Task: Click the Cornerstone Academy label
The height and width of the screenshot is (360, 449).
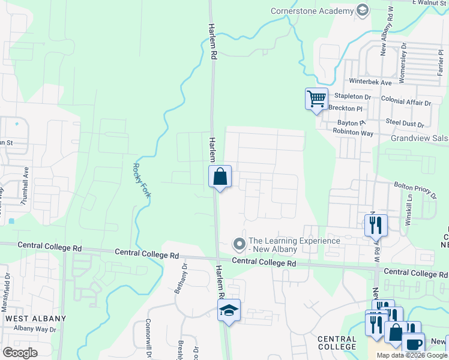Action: tap(312, 10)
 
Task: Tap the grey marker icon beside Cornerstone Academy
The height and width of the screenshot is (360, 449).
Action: tap(362, 10)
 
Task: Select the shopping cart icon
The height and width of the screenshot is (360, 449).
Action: tap(316, 98)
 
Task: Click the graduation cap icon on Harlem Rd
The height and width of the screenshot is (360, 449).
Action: tap(229, 310)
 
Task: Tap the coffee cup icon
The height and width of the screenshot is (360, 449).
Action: tap(413, 344)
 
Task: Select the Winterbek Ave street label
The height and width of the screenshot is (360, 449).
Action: tap(370, 82)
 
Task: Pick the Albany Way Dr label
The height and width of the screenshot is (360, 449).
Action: tap(35, 329)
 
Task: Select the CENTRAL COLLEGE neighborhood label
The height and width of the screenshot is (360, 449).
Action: tap(337, 343)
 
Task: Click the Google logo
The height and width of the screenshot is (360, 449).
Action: tap(20, 352)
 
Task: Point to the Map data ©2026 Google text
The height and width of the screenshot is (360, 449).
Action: tap(412, 355)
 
